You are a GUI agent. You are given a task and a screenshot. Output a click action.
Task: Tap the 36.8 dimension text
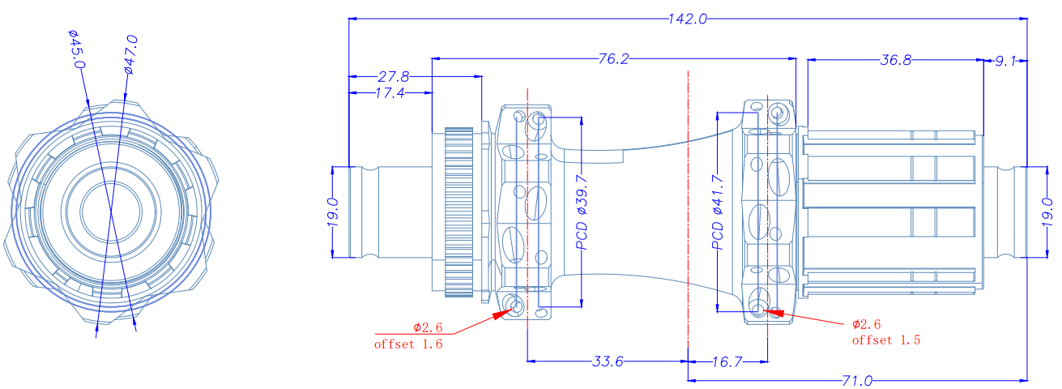point(895,59)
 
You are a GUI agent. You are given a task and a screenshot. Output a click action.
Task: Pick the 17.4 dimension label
point(390,93)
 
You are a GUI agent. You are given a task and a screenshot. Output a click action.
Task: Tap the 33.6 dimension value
point(607,361)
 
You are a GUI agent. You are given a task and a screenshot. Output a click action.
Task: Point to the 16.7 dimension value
point(727,361)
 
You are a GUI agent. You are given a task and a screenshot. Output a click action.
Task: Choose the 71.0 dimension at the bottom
point(856,379)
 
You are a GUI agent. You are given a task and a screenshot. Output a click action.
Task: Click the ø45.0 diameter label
point(75,49)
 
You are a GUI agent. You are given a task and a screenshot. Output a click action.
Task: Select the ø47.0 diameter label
point(131,54)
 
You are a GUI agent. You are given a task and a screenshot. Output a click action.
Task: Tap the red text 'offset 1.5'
point(886,340)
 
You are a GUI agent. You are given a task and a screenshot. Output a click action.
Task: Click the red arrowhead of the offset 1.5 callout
point(774,310)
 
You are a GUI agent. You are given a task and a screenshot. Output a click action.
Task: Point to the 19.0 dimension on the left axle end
point(332,213)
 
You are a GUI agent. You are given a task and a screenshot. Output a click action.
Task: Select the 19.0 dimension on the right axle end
point(1046,212)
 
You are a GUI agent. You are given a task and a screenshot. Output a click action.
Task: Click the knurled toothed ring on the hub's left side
point(458,211)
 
